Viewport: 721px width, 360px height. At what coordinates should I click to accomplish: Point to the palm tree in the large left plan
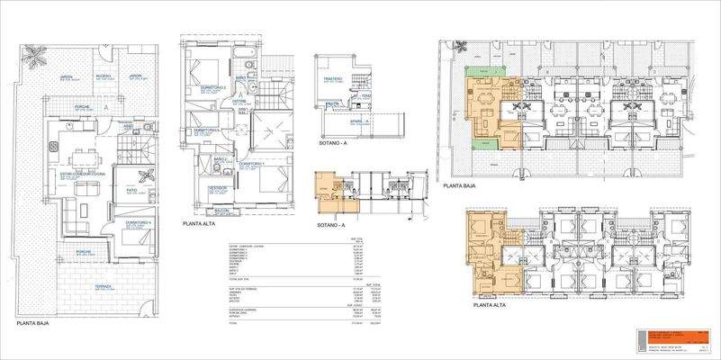tap(34, 58)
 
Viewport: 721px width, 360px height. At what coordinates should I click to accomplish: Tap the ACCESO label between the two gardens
tap(104, 76)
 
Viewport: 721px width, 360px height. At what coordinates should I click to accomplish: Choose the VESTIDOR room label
tap(216, 188)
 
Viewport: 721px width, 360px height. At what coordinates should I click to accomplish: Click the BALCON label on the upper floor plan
tap(222, 210)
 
